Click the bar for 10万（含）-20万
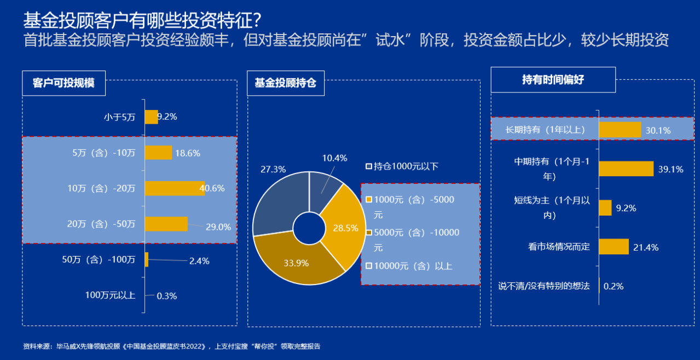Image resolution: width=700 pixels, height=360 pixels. point(175,188)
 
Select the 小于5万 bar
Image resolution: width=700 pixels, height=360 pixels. point(152,117)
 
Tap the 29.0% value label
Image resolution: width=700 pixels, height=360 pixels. point(218,227)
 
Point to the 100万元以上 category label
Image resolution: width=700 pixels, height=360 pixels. point(110,295)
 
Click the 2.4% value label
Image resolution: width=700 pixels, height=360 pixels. point(199,261)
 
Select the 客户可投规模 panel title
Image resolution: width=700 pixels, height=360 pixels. point(63,83)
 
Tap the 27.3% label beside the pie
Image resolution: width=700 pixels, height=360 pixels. point(273,169)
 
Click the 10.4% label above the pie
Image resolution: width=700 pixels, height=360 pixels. point(334,158)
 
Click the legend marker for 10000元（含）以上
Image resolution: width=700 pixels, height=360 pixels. point(369,266)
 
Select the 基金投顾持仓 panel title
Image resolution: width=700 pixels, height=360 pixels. point(285,83)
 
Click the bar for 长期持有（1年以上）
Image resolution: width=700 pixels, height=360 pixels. point(620,130)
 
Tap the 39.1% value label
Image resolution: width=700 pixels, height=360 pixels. point(670,169)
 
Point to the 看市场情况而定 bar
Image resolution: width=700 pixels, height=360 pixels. point(614,247)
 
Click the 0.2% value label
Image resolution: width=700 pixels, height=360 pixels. point(614,286)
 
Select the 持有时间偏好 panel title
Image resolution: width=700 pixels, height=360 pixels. point(553,80)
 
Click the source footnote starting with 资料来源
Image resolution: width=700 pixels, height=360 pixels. point(171,346)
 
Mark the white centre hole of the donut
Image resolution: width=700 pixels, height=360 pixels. point(309,228)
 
